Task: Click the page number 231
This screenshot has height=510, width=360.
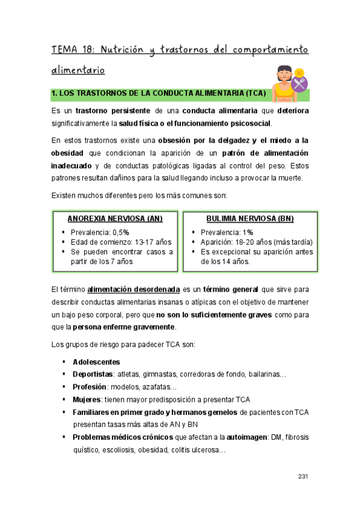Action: click(x=303, y=476)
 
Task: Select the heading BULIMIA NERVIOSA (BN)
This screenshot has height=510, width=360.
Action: click(x=249, y=218)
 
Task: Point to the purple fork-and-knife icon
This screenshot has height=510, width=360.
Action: click(x=299, y=85)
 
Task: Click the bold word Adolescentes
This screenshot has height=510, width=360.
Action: click(x=96, y=361)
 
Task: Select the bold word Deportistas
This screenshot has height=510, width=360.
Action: click(x=93, y=374)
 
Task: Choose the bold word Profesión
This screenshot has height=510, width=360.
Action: click(x=90, y=387)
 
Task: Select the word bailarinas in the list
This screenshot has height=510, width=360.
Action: click(x=266, y=374)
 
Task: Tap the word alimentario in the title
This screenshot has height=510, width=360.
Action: click(x=78, y=70)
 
